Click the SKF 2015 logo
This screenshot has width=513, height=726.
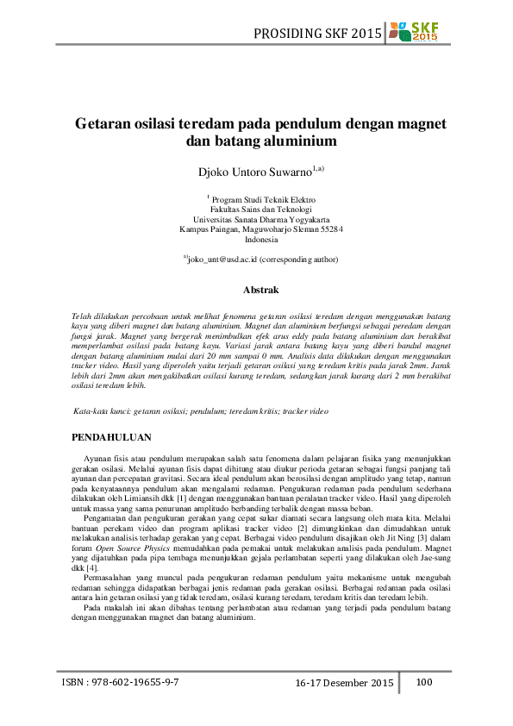(x=414, y=33)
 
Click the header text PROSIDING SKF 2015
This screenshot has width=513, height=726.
(x=316, y=34)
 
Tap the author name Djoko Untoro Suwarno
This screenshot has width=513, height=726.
(x=256, y=172)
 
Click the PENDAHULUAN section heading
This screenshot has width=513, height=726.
(x=112, y=437)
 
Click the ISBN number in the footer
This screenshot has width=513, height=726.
(x=121, y=682)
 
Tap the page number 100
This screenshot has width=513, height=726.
(x=424, y=682)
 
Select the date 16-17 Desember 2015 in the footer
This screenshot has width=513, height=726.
(x=344, y=683)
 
